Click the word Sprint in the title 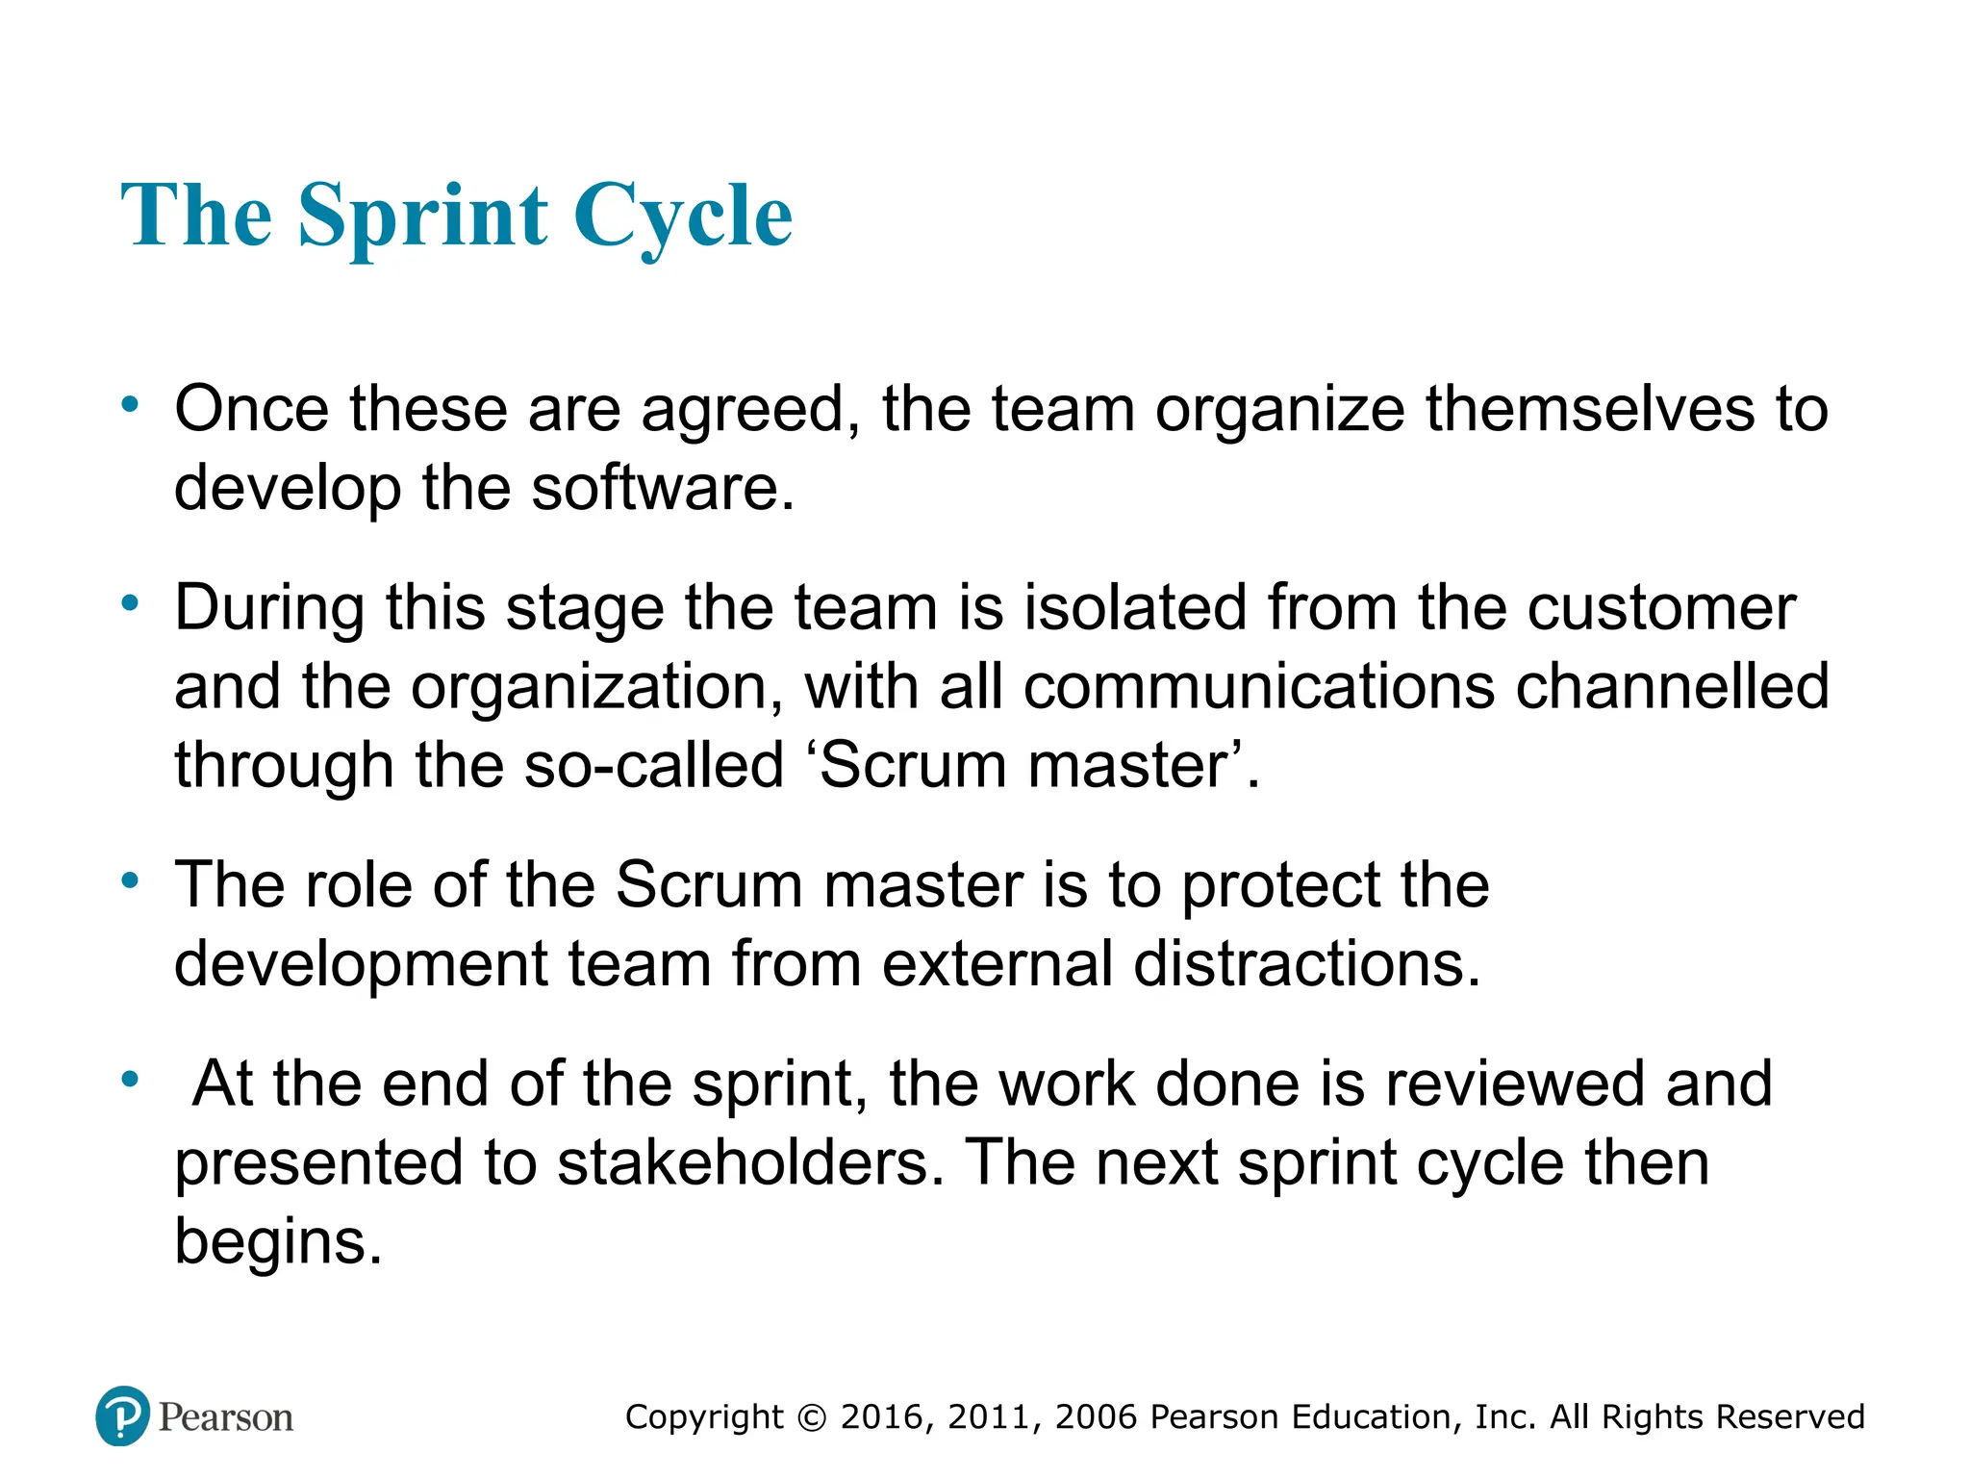pyautogui.click(x=423, y=217)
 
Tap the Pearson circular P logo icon pyautogui.click(x=123, y=1415)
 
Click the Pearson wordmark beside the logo pyautogui.click(x=225, y=1417)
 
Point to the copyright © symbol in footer pyautogui.click(x=812, y=1418)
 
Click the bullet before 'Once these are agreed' pyautogui.click(x=130, y=404)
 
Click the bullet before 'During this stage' pyautogui.click(x=130, y=603)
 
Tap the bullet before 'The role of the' pyautogui.click(x=130, y=879)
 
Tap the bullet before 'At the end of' pyautogui.click(x=130, y=1079)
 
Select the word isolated pyautogui.click(x=1135, y=608)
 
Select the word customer pyautogui.click(x=1661, y=608)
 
